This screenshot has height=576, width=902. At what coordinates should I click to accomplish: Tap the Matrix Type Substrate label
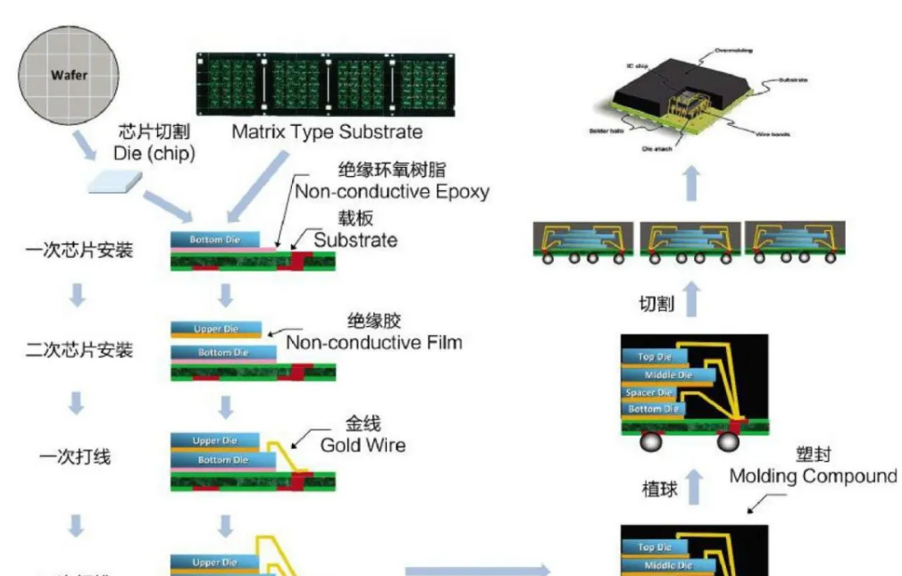(327, 133)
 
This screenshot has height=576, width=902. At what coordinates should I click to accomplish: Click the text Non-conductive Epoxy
(392, 191)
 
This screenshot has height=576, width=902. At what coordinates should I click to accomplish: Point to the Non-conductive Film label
(374, 342)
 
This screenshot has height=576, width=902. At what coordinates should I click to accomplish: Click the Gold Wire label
(363, 445)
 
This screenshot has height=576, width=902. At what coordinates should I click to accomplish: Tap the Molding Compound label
(813, 476)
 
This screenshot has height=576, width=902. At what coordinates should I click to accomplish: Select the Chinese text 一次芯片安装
(79, 251)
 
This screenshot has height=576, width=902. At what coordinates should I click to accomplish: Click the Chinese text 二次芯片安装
(79, 350)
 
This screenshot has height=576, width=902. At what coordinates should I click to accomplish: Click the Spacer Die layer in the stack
(649, 393)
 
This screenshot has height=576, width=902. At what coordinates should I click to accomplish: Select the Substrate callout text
(355, 240)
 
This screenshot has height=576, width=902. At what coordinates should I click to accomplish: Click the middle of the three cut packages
(688, 242)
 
